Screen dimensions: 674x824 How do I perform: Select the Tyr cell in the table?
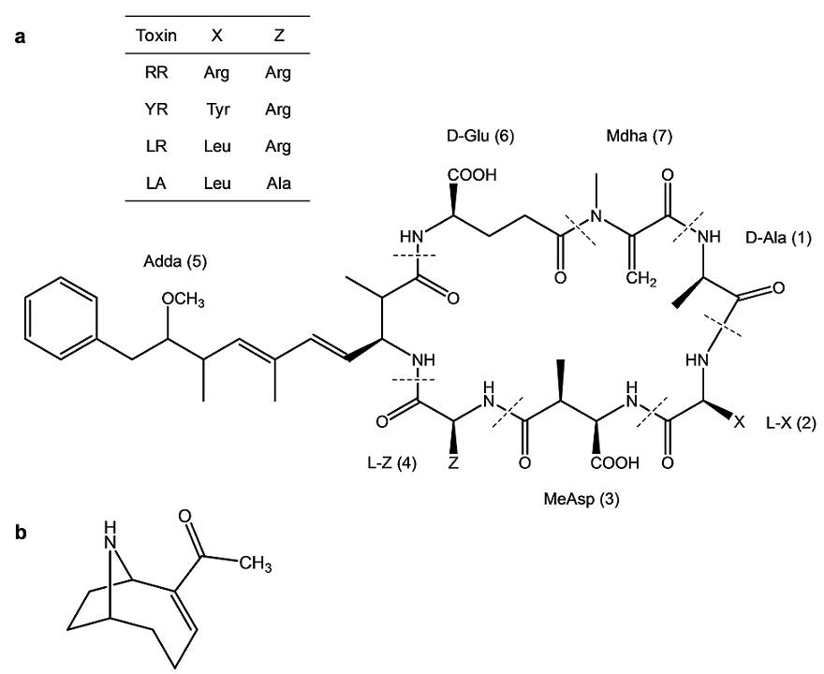(x=216, y=110)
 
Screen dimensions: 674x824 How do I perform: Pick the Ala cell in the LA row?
(x=277, y=183)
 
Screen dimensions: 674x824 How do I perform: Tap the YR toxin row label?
(x=156, y=110)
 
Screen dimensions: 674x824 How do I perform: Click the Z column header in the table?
(x=277, y=37)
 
